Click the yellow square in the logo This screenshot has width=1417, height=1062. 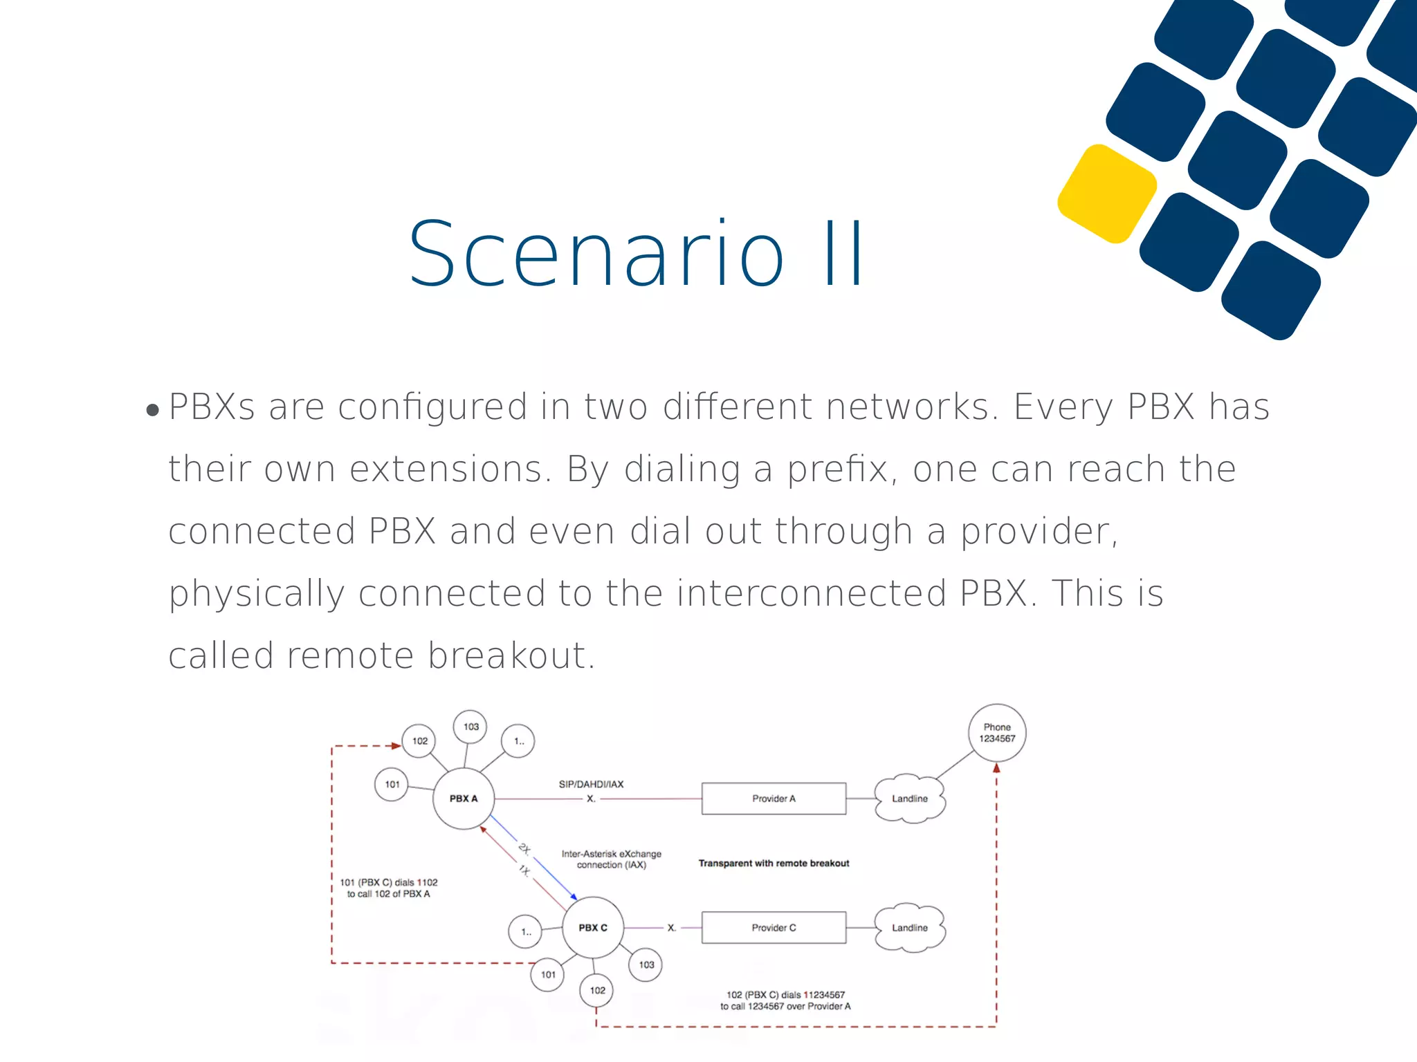(x=1107, y=194)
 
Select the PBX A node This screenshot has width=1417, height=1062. (x=464, y=798)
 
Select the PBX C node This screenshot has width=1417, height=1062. (x=593, y=927)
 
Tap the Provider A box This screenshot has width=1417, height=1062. (x=774, y=799)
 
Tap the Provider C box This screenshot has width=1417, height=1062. (x=774, y=927)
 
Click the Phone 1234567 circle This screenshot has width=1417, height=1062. (x=997, y=733)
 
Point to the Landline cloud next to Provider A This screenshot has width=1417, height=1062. (x=909, y=799)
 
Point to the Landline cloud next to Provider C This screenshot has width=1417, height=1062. (x=909, y=927)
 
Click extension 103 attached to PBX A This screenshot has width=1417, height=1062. (x=470, y=727)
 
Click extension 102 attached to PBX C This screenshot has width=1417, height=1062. (x=597, y=990)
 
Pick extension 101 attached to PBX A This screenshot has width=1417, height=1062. (x=392, y=784)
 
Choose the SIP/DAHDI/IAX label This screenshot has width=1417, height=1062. (x=591, y=784)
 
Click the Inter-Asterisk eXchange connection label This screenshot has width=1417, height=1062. (x=612, y=859)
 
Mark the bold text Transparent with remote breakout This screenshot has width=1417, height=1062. (x=774, y=863)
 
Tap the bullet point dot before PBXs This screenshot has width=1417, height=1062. (x=153, y=411)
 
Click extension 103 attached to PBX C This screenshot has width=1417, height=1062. (x=646, y=965)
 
